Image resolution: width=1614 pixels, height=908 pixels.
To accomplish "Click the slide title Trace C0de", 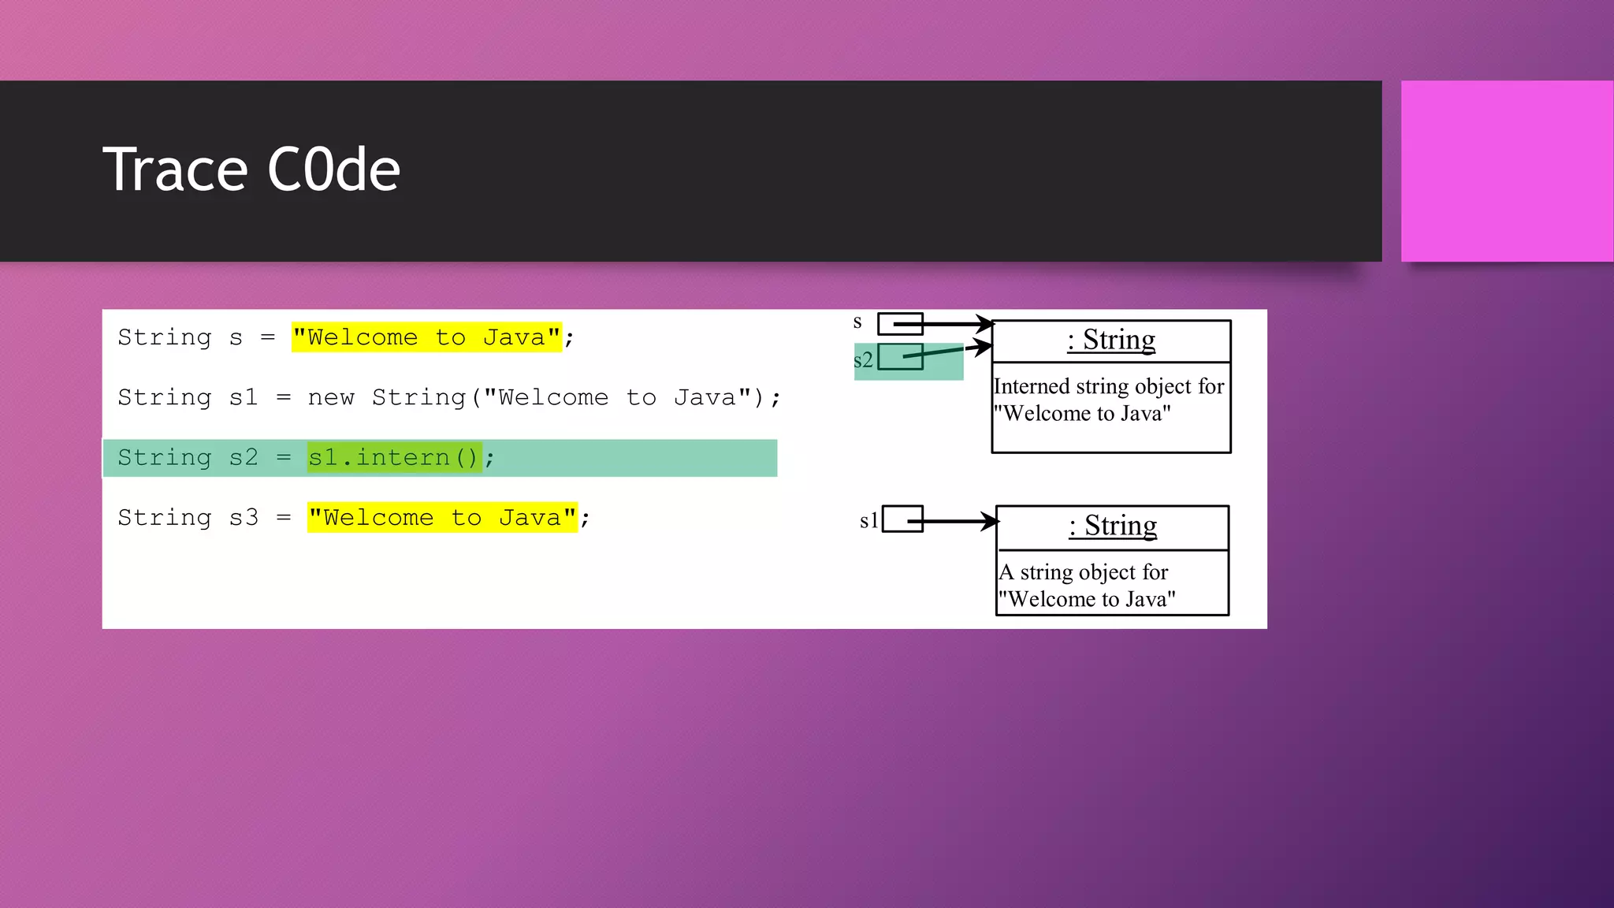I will [x=251, y=169].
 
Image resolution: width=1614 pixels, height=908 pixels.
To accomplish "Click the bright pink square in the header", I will [x=1507, y=171].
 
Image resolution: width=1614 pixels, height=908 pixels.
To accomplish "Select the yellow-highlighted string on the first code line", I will [x=426, y=337].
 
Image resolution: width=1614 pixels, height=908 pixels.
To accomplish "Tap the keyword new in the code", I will [x=331, y=397].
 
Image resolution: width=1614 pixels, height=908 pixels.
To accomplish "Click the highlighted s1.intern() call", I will [x=393, y=457].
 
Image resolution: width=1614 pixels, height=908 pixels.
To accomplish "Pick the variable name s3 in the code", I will [x=244, y=518].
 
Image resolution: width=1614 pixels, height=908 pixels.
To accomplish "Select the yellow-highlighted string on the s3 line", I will [x=442, y=518].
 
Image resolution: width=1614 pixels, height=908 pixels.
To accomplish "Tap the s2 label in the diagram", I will [x=863, y=360].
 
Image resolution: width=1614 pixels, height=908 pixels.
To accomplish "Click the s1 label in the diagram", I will [x=868, y=521].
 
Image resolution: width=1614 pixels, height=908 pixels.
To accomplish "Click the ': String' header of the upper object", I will [x=1111, y=340].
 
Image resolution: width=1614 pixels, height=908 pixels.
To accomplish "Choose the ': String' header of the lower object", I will [x=1113, y=526].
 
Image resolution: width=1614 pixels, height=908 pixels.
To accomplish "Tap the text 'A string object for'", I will [x=1084, y=572].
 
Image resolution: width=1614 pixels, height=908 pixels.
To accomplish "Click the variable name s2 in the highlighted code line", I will [x=244, y=458].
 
